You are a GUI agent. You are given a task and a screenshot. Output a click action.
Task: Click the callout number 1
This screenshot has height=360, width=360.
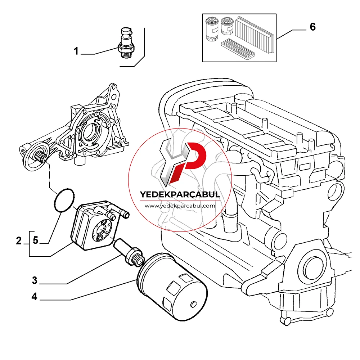76,51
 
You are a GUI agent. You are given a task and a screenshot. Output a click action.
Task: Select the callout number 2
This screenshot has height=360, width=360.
19,241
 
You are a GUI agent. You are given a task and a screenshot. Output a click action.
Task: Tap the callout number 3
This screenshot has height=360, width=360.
35,280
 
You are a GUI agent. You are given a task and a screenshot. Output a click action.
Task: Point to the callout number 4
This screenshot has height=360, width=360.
35,296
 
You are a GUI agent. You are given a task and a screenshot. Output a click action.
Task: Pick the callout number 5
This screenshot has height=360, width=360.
35,240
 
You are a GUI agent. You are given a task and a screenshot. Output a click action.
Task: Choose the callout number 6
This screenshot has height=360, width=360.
313,27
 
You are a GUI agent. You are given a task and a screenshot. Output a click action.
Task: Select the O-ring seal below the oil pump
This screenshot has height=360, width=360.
64,200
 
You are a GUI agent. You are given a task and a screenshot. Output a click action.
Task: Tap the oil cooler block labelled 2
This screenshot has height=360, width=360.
96,225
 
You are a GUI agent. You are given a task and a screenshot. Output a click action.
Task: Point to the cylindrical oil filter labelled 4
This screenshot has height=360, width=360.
172,287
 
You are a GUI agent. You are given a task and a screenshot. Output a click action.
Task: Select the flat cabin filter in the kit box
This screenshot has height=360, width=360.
238,49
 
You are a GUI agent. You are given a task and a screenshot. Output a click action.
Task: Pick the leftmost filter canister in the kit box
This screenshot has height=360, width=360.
212,29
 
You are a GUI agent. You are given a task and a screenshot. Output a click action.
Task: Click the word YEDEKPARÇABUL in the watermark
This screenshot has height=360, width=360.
180,194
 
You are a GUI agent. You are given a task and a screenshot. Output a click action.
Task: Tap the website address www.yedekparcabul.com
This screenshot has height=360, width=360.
180,206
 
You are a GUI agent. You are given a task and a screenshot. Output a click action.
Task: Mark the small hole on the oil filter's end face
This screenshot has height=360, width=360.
194,304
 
